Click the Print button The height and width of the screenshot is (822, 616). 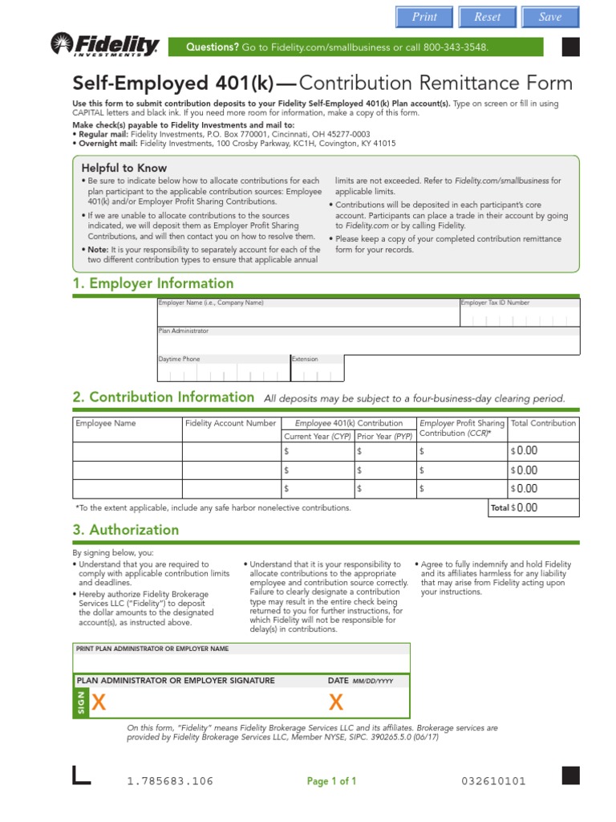point(424,17)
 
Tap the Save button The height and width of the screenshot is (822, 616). point(550,17)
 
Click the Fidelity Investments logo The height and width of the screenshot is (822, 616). point(105,46)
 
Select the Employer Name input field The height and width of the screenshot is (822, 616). point(307,316)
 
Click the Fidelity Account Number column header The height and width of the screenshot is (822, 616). point(230,423)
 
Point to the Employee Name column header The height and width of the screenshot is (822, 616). point(106,423)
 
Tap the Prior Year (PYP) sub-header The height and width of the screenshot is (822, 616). point(384,436)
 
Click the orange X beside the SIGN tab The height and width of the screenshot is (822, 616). point(99,702)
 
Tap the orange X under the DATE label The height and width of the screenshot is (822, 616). point(336,702)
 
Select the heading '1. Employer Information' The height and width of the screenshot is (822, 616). point(153,283)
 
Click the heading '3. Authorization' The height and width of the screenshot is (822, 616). point(126,530)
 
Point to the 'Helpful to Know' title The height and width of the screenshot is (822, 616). point(124,168)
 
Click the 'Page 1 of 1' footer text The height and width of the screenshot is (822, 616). point(331,781)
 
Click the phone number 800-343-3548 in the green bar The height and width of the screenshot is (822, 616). point(451,47)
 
